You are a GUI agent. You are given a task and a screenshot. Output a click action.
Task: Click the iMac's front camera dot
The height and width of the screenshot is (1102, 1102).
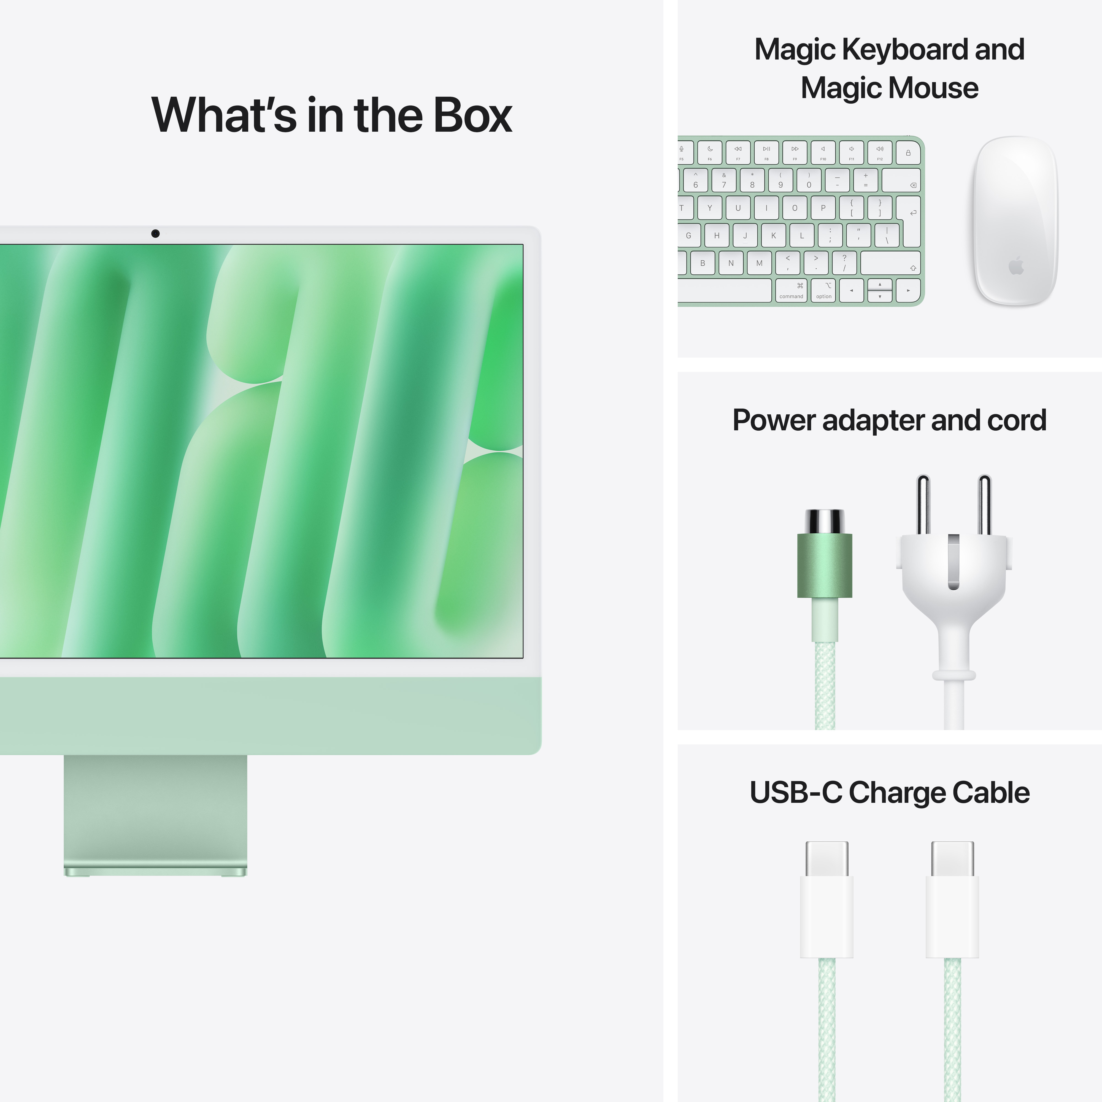pyautogui.click(x=155, y=233)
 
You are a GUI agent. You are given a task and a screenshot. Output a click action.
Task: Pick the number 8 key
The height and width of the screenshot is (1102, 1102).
pyautogui.click(x=752, y=180)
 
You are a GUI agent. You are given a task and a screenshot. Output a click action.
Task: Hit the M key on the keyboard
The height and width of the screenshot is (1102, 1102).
pyautogui.click(x=759, y=263)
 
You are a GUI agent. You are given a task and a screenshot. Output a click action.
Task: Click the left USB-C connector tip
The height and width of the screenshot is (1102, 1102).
pyautogui.click(x=827, y=858)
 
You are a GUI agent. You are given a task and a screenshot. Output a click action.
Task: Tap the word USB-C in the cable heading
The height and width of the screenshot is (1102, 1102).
pyautogui.click(x=795, y=793)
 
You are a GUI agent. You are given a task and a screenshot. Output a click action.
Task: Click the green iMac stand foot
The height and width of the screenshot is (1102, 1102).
pyautogui.click(x=155, y=872)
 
